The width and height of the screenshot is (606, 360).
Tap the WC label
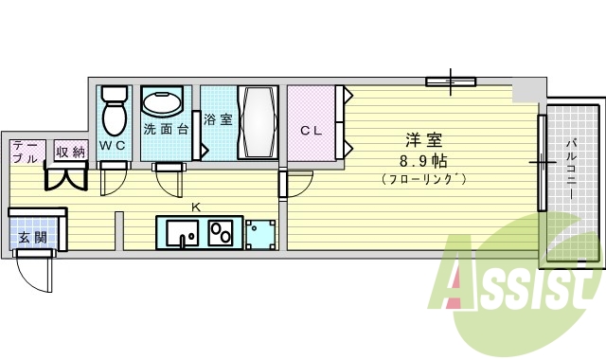pyautogui.click(x=113, y=145)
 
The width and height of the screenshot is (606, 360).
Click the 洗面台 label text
pyautogui.click(x=166, y=129)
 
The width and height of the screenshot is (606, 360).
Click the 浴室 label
pyautogui.click(x=217, y=120)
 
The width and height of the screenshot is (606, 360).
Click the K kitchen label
pyautogui.click(x=196, y=207)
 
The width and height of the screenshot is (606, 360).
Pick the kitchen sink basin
pyautogui.click(x=180, y=232)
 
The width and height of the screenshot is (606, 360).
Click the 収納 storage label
pyautogui.click(x=69, y=151)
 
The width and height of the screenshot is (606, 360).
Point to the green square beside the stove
pyautogui.click(x=258, y=233)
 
